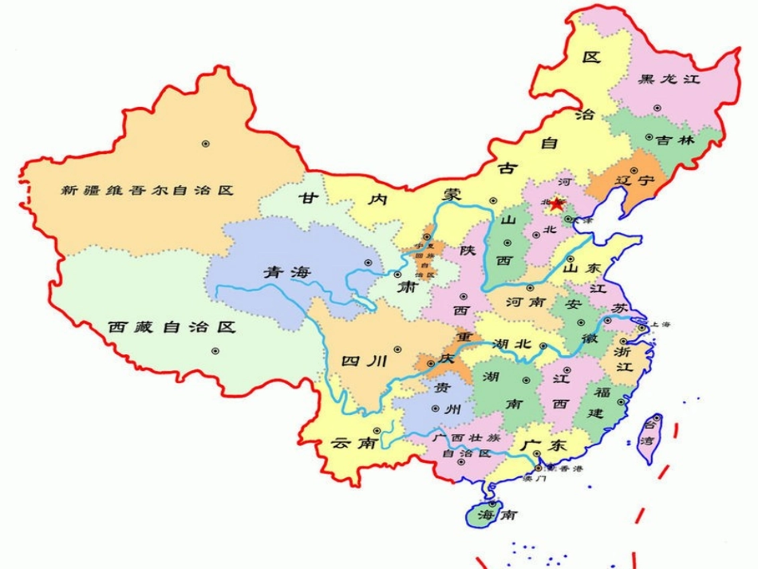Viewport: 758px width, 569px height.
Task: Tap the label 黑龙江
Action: click(x=669, y=79)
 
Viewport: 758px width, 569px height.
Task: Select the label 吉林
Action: click(x=677, y=140)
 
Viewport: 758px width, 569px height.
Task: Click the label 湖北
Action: click(x=511, y=344)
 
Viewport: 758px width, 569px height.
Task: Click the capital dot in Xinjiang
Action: click(x=205, y=144)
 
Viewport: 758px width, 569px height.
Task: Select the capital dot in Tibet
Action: click(x=215, y=350)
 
